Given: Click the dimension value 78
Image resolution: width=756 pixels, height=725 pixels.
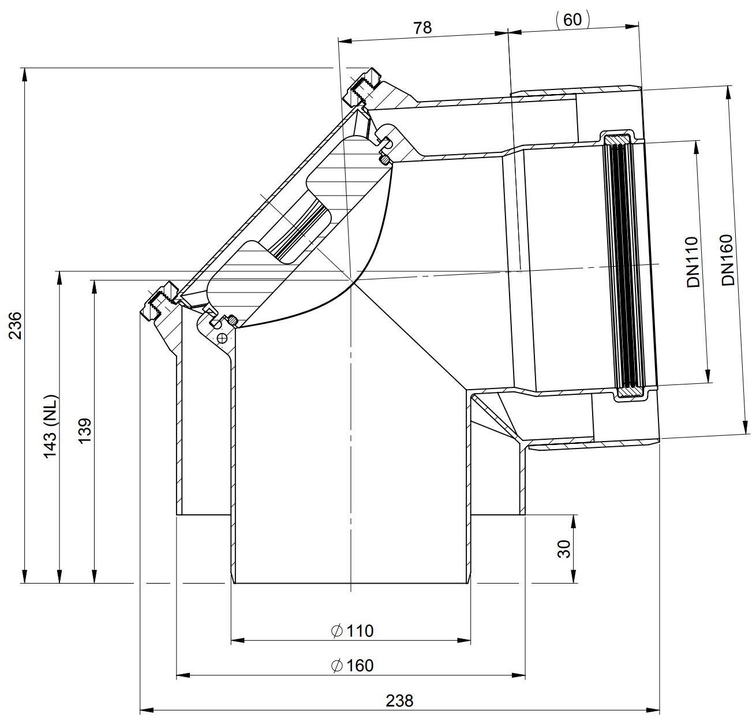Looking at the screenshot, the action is (x=422, y=28).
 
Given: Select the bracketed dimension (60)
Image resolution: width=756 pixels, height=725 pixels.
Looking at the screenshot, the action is (x=572, y=20).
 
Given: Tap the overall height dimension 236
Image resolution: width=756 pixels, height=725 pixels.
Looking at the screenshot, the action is (x=16, y=325).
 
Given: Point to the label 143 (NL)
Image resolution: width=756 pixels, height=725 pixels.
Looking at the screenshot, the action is (x=51, y=426).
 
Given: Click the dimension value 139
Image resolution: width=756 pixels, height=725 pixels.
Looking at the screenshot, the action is (x=85, y=429).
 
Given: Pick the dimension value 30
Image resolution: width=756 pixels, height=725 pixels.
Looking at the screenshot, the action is (x=564, y=549).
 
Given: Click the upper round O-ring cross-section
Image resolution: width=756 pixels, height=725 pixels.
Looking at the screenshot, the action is (x=384, y=159).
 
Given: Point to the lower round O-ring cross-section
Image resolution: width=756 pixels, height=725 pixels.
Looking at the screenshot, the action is (x=232, y=320).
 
